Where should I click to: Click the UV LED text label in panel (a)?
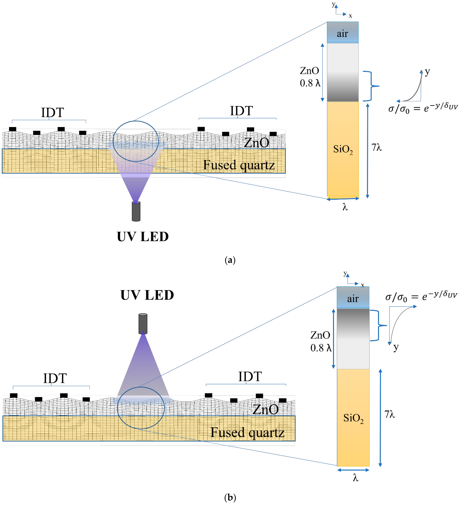pyautogui.click(x=143, y=236)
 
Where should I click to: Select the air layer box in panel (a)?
pyautogui.click(x=343, y=33)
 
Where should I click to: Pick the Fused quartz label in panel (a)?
pyautogui.click(x=239, y=165)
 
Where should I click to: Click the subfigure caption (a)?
pyautogui.click(x=230, y=260)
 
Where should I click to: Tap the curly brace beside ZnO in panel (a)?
pyautogui.click(x=371, y=86)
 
